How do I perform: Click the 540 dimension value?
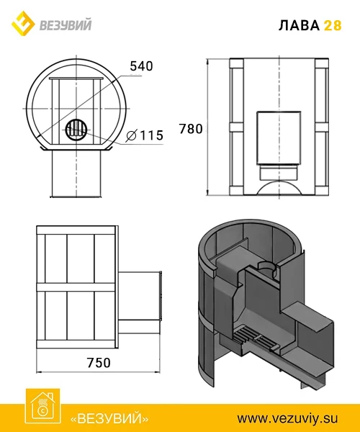(x=141, y=66)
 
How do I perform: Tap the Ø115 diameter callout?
(x=145, y=135)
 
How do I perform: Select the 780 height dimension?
(x=191, y=129)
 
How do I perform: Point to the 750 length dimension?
(x=99, y=363)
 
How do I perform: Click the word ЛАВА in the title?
(x=299, y=25)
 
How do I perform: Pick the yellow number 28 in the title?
(x=333, y=25)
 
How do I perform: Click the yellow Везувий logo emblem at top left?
(x=23, y=24)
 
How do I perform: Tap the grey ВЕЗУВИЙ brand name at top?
(x=66, y=24)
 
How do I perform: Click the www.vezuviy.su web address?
(x=287, y=418)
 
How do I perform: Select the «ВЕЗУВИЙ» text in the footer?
(x=109, y=418)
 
